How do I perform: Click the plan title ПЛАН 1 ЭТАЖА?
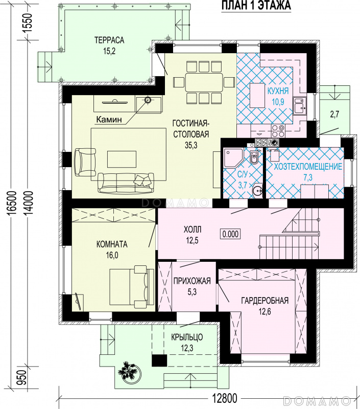click(256, 6)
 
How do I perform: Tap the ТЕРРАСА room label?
click(109, 40)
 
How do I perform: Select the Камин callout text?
click(109, 120)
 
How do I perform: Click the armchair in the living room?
click(85, 162)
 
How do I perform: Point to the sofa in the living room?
click(126, 183)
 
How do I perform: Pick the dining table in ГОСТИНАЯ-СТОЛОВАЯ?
click(204, 82)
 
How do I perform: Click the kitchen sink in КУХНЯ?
click(300, 106)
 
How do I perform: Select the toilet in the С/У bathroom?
click(254, 157)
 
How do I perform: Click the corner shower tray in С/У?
click(232, 157)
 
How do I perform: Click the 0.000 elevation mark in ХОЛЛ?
click(230, 234)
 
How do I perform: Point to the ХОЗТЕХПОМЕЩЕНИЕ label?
click(307, 167)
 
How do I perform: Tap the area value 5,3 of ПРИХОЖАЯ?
click(192, 292)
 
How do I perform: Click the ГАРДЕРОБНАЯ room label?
click(265, 301)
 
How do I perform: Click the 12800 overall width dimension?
click(224, 399)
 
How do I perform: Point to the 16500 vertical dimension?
click(12, 203)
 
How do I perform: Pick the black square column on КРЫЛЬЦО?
click(159, 360)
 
